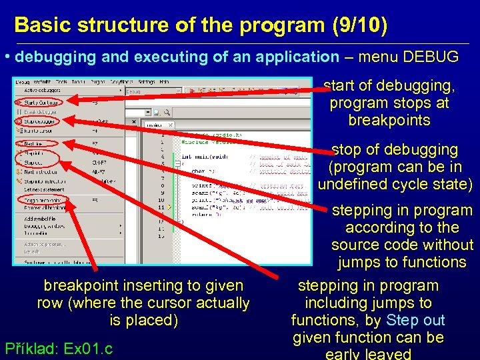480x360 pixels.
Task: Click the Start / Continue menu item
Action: (x=40, y=102)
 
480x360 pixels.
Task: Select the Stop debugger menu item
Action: (x=40, y=122)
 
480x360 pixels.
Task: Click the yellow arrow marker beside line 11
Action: (x=170, y=207)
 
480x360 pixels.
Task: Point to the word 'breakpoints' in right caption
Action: (x=389, y=121)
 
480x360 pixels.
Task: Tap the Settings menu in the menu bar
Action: (x=143, y=81)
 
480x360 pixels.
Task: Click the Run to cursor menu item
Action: (x=40, y=131)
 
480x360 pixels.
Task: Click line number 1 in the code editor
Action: (x=162, y=134)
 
